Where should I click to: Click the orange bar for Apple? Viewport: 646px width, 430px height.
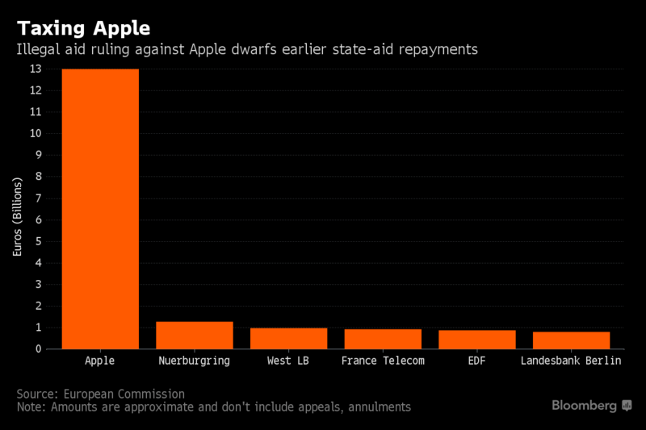pyautogui.click(x=100, y=209)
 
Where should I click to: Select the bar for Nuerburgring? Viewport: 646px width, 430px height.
pyautogui.click(x=194, y=335)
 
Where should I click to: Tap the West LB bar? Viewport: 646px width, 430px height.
pyautogui.click(x=288, y=338)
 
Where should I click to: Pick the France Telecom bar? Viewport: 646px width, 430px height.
pyautogui.click(x=383, y=339)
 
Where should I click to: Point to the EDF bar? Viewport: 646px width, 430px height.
pyautogui.click(x=476, y=340)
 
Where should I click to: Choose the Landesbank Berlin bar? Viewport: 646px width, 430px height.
pyautogui.click(x=571, y=340)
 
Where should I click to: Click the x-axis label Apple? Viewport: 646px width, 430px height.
pyautogui.click(x=100, y=361)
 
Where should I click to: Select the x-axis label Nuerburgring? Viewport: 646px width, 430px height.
pyautogui.click(x=194, y=361)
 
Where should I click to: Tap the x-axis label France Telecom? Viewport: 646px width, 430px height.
pyautogui.click(x=383, y=361)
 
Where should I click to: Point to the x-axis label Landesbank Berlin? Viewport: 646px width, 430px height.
pyautogui.click(x=571, y=361)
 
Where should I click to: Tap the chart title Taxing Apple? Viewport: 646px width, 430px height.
pyautogui.click(x=83, y=28)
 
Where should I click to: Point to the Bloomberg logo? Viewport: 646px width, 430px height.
pyautogui.click(x=592, y=405)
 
